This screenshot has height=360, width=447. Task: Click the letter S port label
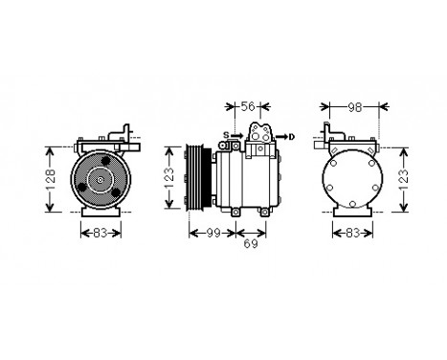[226, 135]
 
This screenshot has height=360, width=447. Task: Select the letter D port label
[291, 137]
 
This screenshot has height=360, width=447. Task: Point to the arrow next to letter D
[280, 137]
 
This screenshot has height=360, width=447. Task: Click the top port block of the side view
[261, 134]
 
